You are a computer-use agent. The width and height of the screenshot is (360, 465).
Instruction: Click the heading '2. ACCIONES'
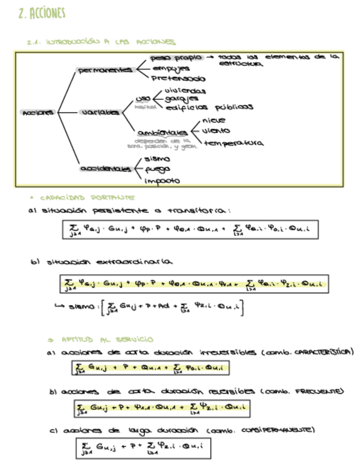coord(41,14)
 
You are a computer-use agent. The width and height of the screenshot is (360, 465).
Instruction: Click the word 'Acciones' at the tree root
coord(38,112)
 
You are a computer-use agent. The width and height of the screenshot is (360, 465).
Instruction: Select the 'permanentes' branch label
coord(105,70)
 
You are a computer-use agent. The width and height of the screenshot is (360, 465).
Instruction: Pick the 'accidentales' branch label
coord(104,169)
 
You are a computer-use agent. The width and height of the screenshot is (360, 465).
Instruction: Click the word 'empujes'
coord(171,69)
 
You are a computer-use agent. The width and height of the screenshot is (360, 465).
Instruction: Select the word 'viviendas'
coord(185,90)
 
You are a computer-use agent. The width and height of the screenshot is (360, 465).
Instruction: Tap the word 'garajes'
coord(181,99)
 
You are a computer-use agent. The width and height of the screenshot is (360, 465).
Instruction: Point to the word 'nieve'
coord(213,121)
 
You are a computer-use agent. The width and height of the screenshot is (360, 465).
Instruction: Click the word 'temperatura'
coord(233,143)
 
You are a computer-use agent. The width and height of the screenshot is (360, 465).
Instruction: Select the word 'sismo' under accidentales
coord(157,159)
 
